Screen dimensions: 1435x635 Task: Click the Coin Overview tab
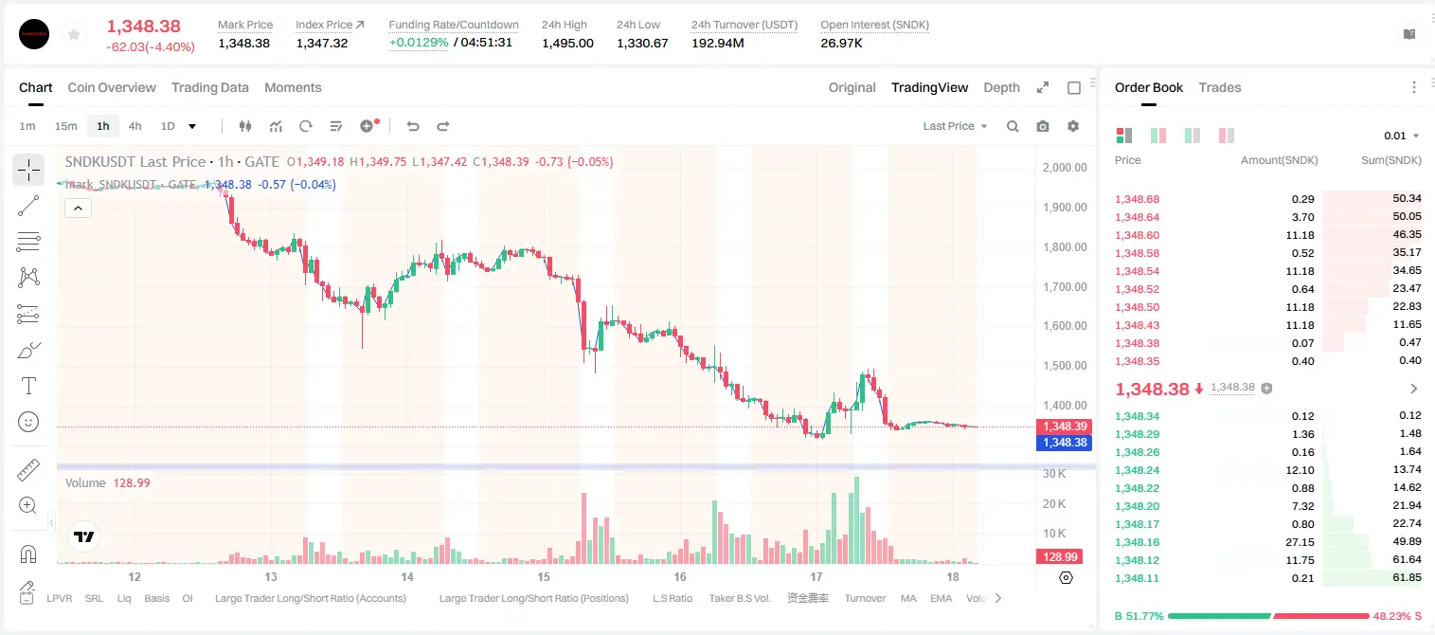pyautogui.click(x=112, y=87)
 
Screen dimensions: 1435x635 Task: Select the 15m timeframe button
pyautogui.click(x=65, y=126)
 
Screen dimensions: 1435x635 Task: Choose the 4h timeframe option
pyautogui.click(x=135, y=126)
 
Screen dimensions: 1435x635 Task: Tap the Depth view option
pyautogui.click(x=1001, y=87)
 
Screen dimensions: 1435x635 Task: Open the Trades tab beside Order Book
pyautogui.click(x=1220, y=87)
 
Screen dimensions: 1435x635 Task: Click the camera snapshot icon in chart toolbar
pyautogui.click(x=1043, y=126)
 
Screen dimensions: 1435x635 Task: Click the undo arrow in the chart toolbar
pyautogui.click(x=413, y=126)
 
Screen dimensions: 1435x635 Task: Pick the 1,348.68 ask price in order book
pyautogui.click(x=1138, y=199)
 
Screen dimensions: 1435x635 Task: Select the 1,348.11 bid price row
pyautogui.click(x=1138, y=578)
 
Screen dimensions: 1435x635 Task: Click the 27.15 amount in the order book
pyautogui.click(x=1300, y=542)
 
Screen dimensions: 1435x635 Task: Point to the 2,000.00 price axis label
pyautogui.click(x=1065, y=167)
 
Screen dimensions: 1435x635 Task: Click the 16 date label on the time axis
pyautogui.click(x=680, y=576)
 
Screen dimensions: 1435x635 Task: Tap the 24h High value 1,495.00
pyautogui.click(x=567, y=43)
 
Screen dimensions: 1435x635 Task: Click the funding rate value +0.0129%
pyautogui.click(x=419, y=43)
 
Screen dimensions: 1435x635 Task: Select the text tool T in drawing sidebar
pyautogui.click(x=28, y=387)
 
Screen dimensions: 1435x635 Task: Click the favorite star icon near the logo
pyautogui.click(x=74, y=34)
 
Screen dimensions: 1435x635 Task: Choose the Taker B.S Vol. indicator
pyautogui.click(x=739, y=598)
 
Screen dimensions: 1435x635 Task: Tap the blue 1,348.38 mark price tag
pyautogui.click(x=1064, y=443)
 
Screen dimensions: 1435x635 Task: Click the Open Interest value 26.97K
pyautogui.click(x=841, y=43)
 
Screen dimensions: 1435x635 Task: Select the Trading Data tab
pyautogui.click(x=209, y=87)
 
